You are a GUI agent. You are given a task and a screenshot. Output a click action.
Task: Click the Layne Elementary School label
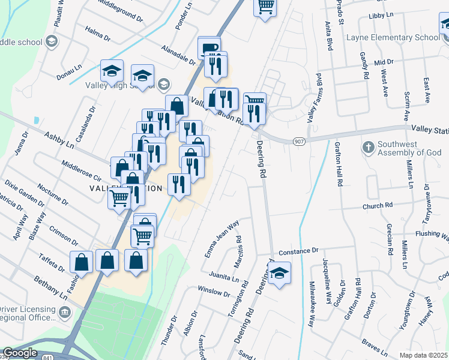click(393, 37)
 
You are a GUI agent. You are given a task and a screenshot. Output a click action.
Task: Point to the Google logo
click(20, 353)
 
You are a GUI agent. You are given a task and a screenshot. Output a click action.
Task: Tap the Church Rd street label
click(377, 206)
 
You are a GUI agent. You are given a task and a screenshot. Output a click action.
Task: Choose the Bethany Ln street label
click(50, 286)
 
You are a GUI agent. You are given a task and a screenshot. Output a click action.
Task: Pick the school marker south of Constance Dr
click(279, 273)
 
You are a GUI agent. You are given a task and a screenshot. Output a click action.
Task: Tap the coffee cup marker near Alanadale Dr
click(209, 48)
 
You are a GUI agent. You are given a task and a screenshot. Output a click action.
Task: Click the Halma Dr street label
click(98, 33)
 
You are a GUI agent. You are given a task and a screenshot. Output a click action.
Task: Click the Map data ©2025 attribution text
click(423, 355)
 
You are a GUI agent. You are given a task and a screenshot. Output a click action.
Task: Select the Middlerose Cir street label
click(82, 171)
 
